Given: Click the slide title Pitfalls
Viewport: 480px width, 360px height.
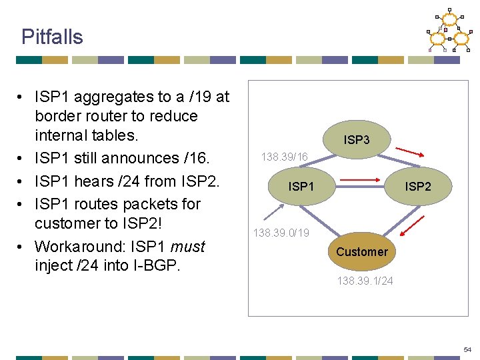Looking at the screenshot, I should tap(52, 37).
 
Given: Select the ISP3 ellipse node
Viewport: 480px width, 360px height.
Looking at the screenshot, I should tap(357, 140).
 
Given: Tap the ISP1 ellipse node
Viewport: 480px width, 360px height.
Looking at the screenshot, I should tap(301, 187).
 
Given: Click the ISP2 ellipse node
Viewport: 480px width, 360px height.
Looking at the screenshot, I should tap(418, 187).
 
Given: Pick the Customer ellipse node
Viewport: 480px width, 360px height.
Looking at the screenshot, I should tap(361, 251).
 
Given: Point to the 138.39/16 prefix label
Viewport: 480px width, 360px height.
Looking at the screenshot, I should tap(285, 157).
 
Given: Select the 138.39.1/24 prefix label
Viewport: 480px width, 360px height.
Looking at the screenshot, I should tap(365, 281).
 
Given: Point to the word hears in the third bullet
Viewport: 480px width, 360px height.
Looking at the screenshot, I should tap(94, 181).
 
